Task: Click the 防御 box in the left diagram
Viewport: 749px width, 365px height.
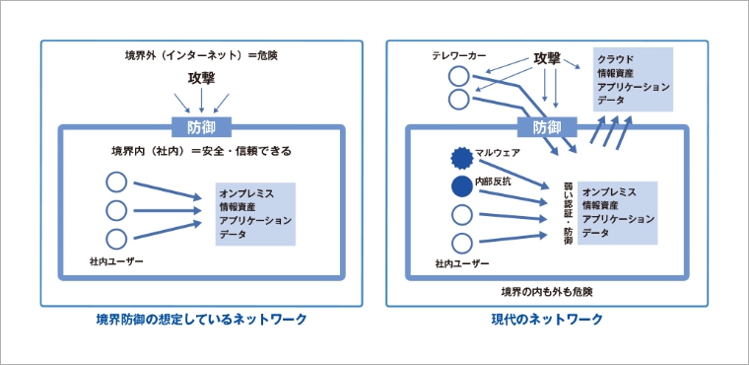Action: (201, 127)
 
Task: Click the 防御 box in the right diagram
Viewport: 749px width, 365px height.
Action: (547, 127)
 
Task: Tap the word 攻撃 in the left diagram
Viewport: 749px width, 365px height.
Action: (201, 78)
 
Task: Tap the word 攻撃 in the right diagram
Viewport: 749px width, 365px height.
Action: (546, 60)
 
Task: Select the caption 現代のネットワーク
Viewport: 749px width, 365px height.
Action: (547, 319)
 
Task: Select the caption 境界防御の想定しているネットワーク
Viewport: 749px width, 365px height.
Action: (201, 319)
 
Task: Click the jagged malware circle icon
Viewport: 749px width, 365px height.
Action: (461, 159)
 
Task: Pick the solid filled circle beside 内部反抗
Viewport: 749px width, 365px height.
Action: (461, 186)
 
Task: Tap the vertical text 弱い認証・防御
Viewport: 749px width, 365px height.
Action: (568, 213)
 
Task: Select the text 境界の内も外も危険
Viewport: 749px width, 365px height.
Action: (547, 291)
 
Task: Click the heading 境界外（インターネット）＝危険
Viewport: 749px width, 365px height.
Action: (201, 55)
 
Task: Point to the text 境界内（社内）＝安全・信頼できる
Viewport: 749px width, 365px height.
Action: (201, 152)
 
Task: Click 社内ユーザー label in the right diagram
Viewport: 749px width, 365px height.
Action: (462, 263)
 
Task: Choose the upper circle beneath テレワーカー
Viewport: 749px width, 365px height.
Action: (459, 76)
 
